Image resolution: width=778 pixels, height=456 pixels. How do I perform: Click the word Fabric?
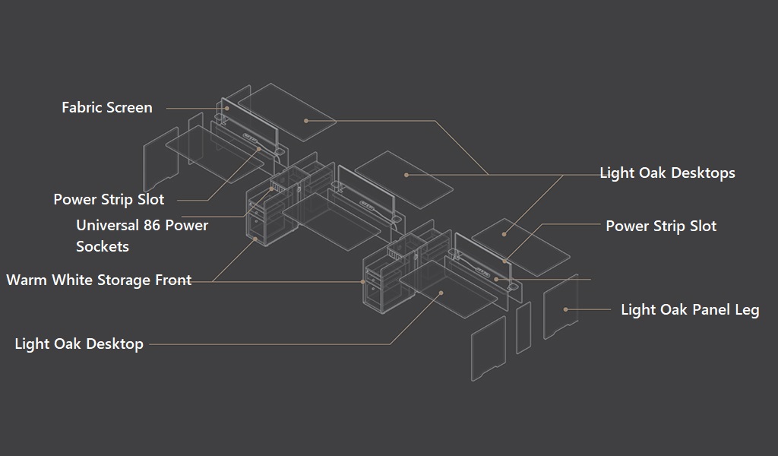(79, 107)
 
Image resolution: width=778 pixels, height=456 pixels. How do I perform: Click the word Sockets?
(103, 246)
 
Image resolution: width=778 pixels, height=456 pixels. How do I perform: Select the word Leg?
(748, 310)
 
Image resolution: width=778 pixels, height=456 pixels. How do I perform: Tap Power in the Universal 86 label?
(187, 225)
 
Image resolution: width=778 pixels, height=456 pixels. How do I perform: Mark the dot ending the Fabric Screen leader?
(227, 108)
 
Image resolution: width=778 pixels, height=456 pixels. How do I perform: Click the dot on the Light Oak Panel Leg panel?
(565, 309)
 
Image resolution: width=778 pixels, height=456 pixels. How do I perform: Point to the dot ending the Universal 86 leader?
(271, 189)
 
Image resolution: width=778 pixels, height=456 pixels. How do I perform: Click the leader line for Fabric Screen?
(197, 108)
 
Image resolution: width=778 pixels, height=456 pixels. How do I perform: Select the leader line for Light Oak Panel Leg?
(588, 309)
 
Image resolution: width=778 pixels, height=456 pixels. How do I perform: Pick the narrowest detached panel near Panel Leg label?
(523, 328)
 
